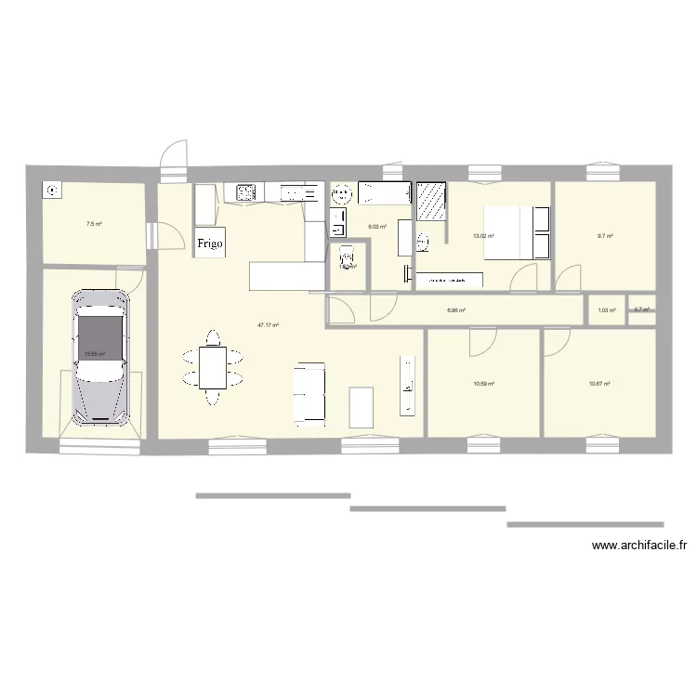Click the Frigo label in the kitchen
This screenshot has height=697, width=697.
pyautogui.click(x=209, y=243)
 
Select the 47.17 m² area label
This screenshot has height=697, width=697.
pyautogui.click(x=269, y=325)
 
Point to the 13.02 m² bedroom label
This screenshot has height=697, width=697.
pyautogui.click(x=483, y=236)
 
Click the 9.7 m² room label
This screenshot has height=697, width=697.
pyautogui.click(x=605, y=236)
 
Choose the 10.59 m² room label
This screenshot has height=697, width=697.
pyautogui.click(x=483, y=383)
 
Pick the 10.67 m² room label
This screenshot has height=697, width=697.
pyautogui.click(x=599, y=383)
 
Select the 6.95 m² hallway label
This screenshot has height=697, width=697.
pyautogui.click(x=455, y=311)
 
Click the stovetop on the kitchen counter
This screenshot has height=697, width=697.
pyautogui.click(x=246, y=192)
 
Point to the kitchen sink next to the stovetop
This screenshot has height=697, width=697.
pyautogui.click(x=299, y=193)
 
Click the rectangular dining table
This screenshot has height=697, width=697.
pyautogui.click(x=213, y=367)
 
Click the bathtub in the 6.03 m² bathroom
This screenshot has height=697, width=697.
pyautogui.click(x=384, y=192)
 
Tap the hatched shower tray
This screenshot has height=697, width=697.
pyautogui.click(x=430, y=200)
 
